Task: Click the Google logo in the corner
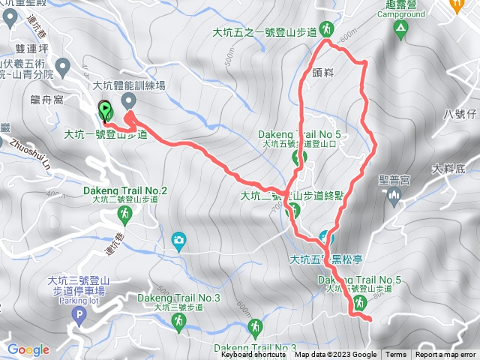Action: [x=28, y=349]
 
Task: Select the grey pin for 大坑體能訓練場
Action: [x=128, y=100]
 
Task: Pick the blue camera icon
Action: [x=178, y=240]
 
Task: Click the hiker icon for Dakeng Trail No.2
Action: [x=125, y=215]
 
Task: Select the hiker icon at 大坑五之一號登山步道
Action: [x=326, y=29]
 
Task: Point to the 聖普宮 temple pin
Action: [x=396, y=196]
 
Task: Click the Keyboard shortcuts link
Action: [x=254, y=355]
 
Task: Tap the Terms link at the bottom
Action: [x=396, y=355]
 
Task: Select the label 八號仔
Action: [x=459, y=113]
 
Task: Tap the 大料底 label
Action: [x=449, y=169]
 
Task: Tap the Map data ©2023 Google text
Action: [x=335, y=355]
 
